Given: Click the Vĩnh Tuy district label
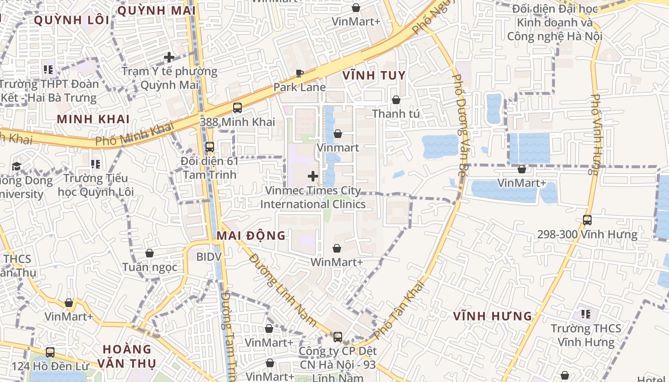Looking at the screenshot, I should [374, 75].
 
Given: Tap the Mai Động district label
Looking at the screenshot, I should [251, 235].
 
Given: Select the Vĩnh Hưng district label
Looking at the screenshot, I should [492, 316].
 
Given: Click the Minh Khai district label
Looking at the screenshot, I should [93, 119].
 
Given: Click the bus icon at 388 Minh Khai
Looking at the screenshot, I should [237, 108].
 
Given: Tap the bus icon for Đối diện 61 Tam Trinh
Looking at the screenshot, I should [209, 147].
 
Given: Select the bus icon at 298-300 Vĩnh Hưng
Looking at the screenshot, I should [587, 220].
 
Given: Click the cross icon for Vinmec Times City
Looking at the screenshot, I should [313, 176].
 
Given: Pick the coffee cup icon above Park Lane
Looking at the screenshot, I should [299, 73].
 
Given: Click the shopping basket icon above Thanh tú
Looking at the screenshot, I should [396, 100].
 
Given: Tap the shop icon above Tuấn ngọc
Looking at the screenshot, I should [150, 253].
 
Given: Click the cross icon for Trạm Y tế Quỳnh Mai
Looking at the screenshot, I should [169, 57].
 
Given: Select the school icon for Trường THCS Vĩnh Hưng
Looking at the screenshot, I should [586, 314].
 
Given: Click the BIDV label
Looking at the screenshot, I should [209, 257].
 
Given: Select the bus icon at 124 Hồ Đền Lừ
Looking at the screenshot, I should [50, 352].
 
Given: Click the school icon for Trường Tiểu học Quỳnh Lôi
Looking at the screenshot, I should [96, 164].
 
